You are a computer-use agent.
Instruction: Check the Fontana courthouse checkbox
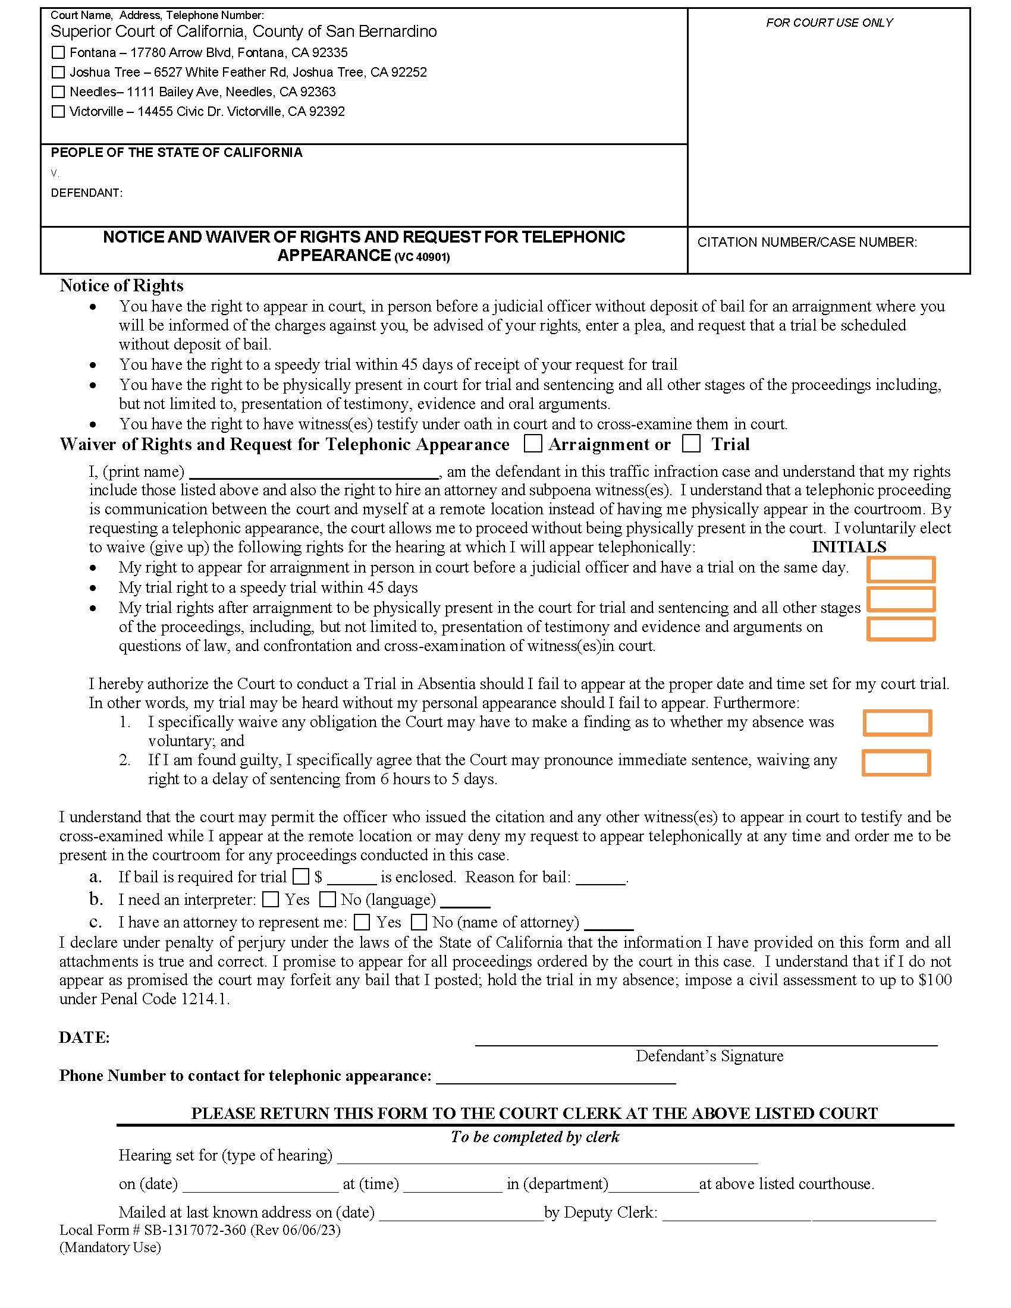point(58,53)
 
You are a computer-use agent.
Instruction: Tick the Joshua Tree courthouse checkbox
point(58,73)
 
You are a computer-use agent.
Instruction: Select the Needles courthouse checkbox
point(58,92)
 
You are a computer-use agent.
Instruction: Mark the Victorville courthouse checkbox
point(58,111)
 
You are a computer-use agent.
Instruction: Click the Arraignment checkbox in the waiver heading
point(532,444)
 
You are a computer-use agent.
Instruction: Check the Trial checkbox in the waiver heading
point(691,444)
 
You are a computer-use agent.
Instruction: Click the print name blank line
point(314,473)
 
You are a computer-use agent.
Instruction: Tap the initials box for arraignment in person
point(901,569)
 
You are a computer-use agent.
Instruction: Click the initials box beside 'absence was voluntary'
point(897,723)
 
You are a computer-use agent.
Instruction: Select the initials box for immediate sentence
point(896,763)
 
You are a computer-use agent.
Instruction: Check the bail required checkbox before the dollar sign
point(301,877)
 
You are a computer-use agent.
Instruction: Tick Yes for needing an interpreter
point(271,900)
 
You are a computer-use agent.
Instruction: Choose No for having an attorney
point(419,922)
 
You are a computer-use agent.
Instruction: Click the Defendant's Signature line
point(705,1040)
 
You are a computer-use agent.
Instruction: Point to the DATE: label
point(84,1038)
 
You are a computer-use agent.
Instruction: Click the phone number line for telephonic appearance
point(556,1078)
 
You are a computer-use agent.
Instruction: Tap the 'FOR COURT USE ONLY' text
point(829,23)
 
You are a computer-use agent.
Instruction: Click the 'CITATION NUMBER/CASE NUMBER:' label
point(807,243)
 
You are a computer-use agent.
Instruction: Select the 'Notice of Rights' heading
point(121,285)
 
